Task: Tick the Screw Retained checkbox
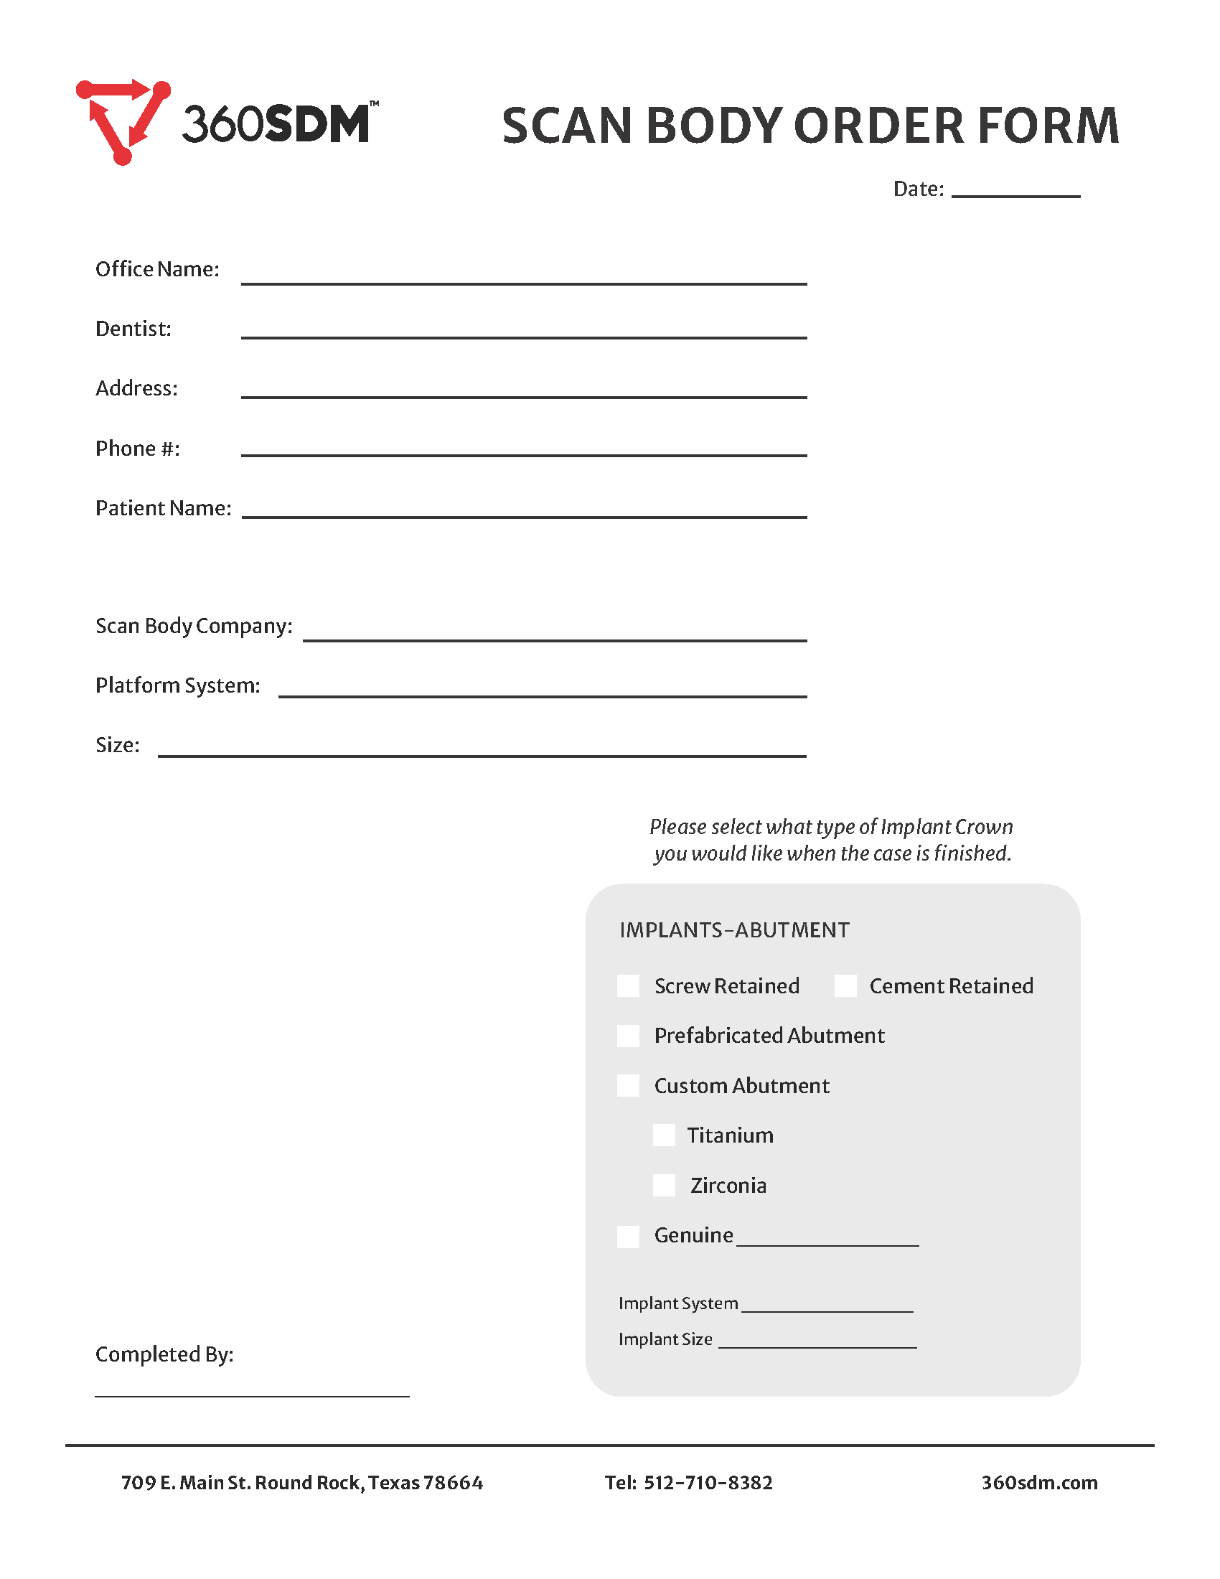(628, 985)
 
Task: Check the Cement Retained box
(845, 985)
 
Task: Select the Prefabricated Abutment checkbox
(628, 1035)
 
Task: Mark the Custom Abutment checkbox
(628, 1085)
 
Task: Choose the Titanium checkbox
(664, 1135)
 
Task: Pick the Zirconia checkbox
(664, 1185)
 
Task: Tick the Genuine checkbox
(628, 1236)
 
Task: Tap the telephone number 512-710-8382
(708, 1483)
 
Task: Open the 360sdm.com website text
(1038, 1483)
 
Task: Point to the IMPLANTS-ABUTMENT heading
(734, 929)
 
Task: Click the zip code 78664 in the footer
(452, 1483)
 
